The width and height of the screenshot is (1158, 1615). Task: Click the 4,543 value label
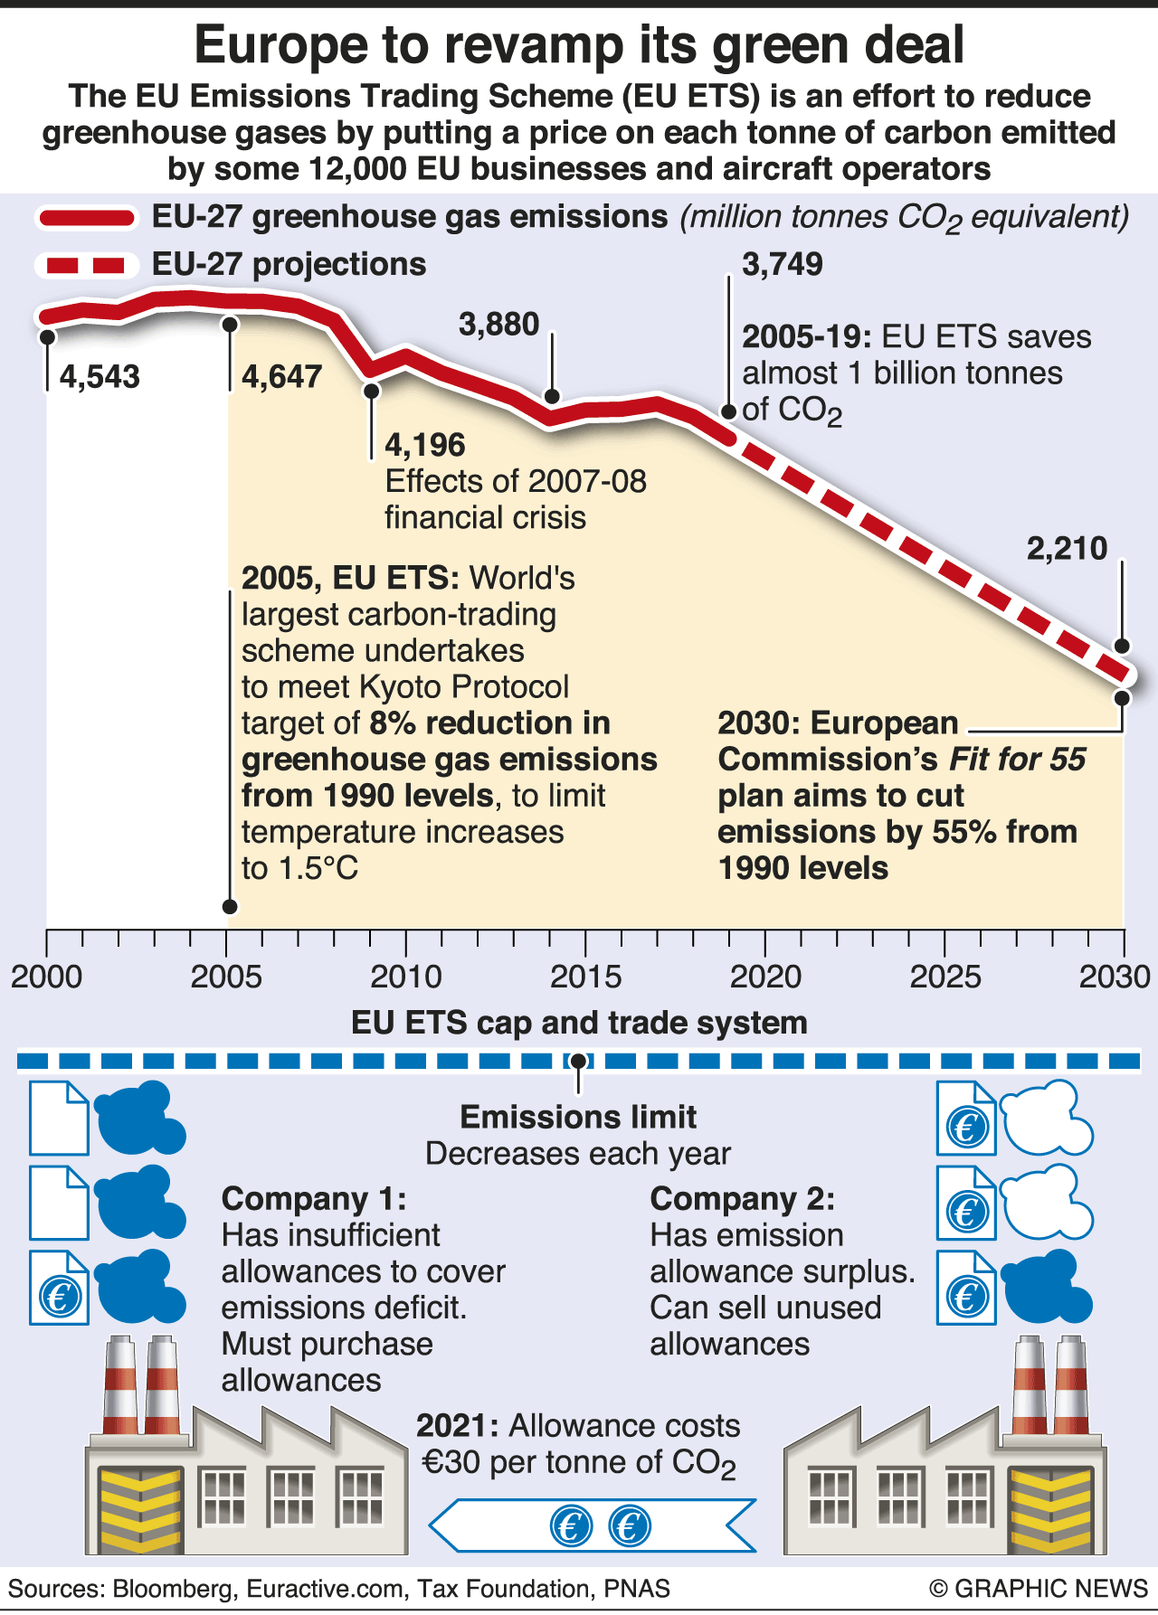[100, 377]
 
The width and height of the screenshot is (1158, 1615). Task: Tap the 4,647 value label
[281, 377]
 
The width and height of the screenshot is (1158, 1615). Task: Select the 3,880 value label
[498, 325]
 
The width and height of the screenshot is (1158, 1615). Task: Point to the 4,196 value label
[424, 445]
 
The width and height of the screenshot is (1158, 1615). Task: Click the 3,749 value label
[783, 265]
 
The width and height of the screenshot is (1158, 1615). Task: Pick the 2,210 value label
[1067, 549]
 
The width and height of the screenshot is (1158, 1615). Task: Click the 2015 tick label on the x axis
[585, 977]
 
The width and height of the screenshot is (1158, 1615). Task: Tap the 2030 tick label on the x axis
[1115, 977]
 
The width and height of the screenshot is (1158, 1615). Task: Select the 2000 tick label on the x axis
[47, 977]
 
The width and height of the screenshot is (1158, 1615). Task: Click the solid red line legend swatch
[86, 218]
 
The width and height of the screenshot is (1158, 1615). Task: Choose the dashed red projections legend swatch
[86, 265]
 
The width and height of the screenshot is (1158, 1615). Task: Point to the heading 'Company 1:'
[314, 1199]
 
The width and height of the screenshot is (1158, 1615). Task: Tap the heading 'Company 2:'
[742, 1199]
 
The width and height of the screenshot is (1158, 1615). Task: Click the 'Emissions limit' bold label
[578, 1118]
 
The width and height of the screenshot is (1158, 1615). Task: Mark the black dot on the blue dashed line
[578, 1061]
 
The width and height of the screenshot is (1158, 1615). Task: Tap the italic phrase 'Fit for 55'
[1017, 760]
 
